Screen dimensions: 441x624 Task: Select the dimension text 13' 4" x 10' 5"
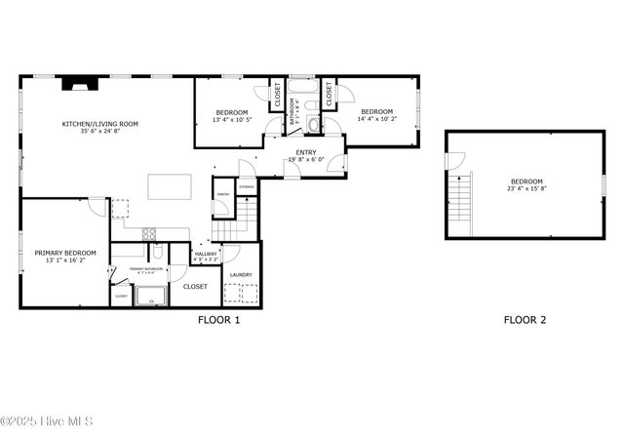[231, 121]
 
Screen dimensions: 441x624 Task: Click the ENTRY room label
[305, 153]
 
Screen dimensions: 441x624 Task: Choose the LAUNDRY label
[241, 274]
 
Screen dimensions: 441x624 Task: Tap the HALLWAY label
[206, 254]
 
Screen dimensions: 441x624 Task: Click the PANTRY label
[222, 194]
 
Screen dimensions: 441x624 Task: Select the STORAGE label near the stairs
[247, 185]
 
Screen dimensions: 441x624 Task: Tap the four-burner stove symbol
[149, 232]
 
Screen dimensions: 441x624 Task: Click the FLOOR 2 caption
[525, 319]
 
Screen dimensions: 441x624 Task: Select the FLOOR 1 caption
[218, 319]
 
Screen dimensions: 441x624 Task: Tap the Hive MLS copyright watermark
[47, 421]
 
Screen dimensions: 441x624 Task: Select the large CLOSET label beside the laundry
[195, 287]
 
